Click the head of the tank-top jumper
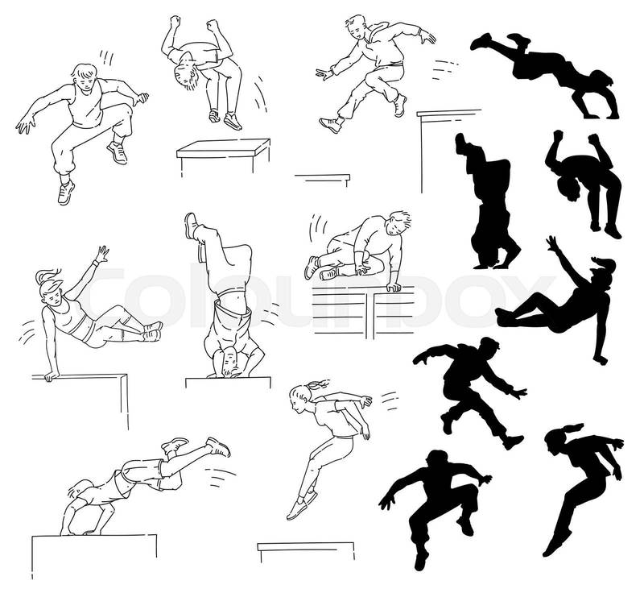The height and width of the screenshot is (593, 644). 85,78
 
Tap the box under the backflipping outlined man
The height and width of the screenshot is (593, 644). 224,156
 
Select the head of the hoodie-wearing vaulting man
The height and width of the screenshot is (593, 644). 355,27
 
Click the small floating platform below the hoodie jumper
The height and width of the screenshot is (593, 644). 323,180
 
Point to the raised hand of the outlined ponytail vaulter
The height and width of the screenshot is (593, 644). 102,254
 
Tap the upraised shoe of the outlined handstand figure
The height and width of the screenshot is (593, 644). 192,226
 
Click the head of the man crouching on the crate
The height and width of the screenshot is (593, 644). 398,223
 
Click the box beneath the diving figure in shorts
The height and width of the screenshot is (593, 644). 94,555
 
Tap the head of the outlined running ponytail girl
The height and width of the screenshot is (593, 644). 300,398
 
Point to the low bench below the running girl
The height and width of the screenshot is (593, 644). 306,550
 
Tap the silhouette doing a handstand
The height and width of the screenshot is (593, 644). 487,201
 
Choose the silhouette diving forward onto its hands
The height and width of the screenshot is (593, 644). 547,74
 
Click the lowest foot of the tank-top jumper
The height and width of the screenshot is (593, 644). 66,193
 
